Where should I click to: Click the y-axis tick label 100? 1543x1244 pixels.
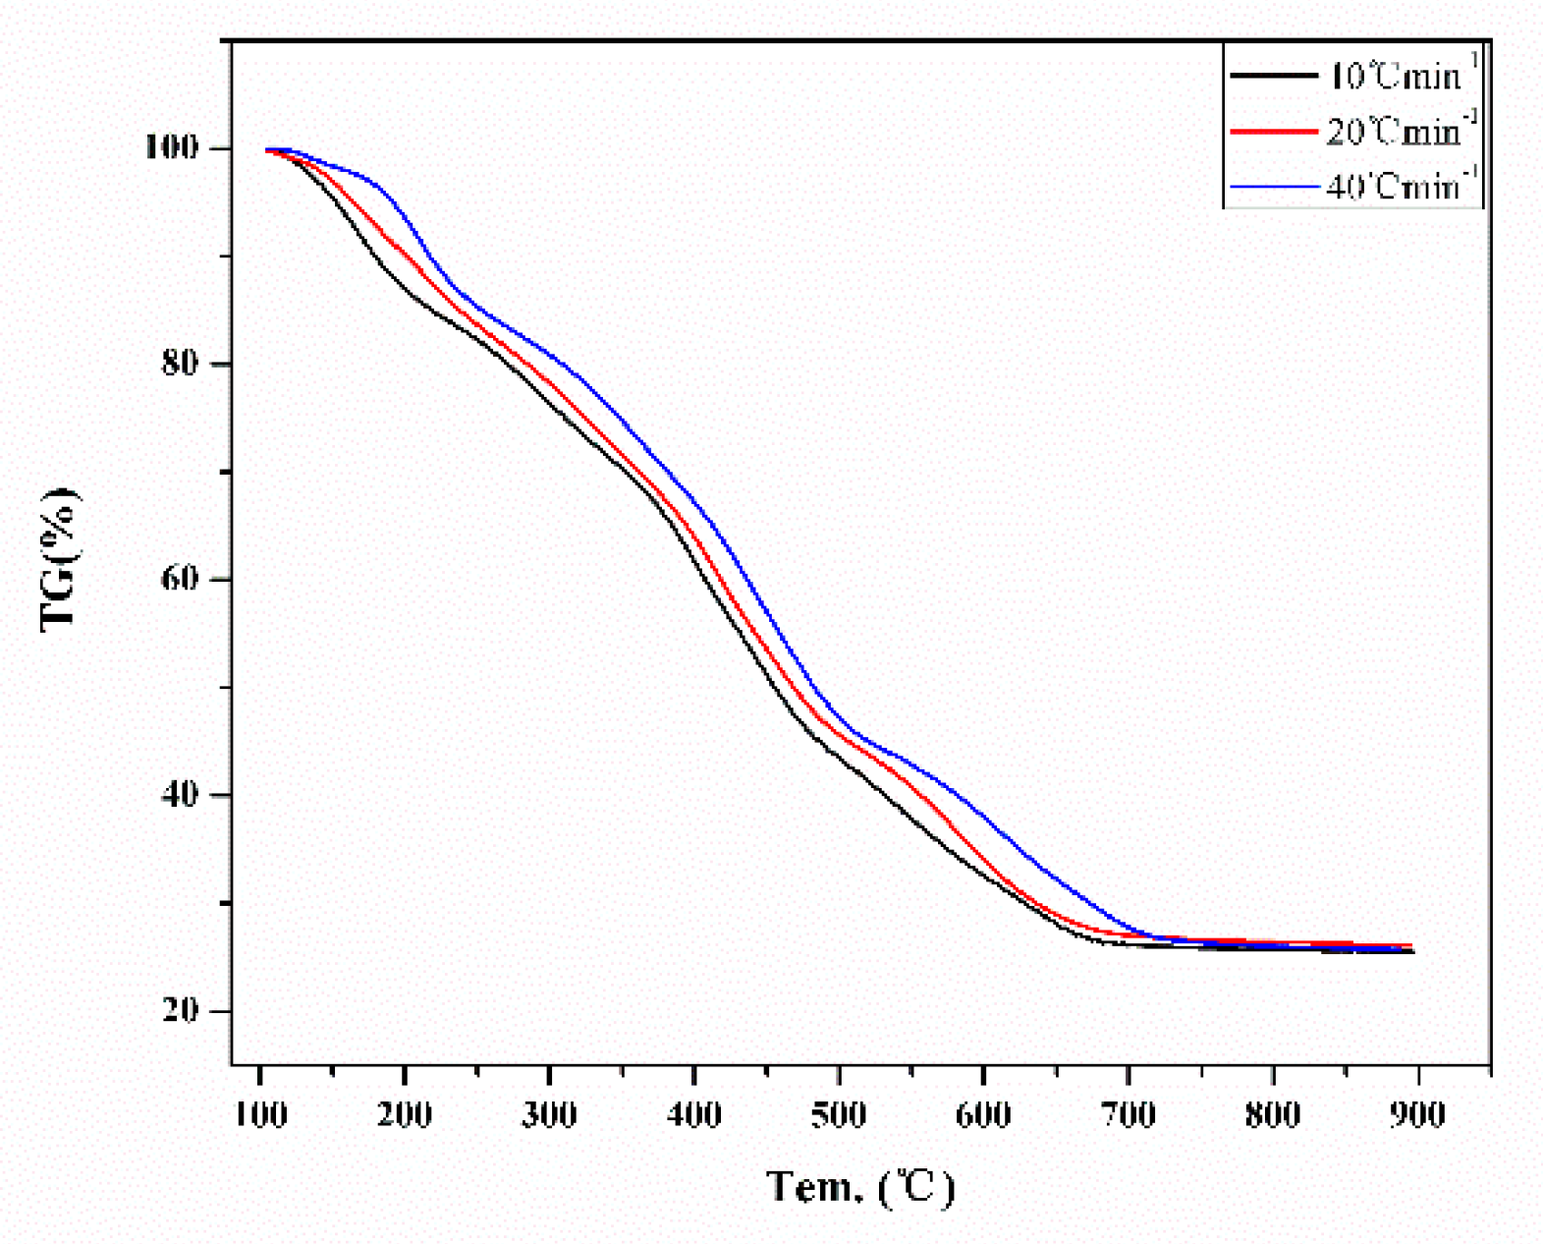(171, 147)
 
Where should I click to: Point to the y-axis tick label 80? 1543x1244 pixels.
(181, 363)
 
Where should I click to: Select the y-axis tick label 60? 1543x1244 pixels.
(181, 578)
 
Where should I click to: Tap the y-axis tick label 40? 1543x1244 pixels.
(181, 793)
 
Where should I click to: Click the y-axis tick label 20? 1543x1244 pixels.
(181, 1009)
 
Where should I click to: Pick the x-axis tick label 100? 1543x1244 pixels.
(261, 1115)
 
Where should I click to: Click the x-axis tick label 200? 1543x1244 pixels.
(405, 1115)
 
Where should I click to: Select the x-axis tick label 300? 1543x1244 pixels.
(549, 1115)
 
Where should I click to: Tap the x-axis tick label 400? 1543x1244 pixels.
(694, 1115)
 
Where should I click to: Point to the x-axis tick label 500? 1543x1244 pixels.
(839, 1115)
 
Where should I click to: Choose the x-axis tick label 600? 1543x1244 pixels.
(983, 1115)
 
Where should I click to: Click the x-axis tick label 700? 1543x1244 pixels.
(1128, 1115)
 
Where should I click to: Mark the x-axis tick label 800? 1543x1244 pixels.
(1273, 1115)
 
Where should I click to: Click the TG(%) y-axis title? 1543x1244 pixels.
(60, 558)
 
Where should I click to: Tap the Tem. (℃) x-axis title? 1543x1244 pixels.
(860, 1187)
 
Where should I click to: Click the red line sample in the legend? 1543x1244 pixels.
(1273, 131)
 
